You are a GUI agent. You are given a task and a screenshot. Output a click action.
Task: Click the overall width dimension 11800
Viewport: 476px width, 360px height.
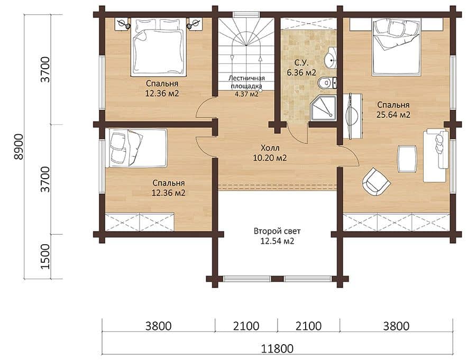click(277, 348)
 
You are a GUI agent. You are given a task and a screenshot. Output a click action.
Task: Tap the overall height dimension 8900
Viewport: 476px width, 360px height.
click(19, 146)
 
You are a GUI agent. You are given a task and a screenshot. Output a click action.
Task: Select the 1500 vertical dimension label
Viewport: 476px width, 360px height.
click(44, 256)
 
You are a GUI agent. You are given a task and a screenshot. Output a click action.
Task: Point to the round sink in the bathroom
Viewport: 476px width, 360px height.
click(330, 60)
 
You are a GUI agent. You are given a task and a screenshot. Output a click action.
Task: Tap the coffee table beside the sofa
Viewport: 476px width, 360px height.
click(407, 159)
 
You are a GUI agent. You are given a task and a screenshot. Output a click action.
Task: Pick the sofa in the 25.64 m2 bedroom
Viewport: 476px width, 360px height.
click(436, 155)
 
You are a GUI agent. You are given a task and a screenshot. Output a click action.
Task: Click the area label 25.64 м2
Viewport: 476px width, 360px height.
click(393, 115)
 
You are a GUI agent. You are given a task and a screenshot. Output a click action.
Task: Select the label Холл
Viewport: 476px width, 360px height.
click(270, 148)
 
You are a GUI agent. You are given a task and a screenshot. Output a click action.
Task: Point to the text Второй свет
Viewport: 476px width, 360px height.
click(277, 231)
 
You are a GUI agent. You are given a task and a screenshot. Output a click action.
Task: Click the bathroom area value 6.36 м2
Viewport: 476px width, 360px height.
click(301, 72)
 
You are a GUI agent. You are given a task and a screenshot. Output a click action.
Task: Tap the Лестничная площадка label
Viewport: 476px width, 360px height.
click(246, 82)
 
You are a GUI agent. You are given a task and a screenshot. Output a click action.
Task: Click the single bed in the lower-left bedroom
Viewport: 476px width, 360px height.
click(136, 148)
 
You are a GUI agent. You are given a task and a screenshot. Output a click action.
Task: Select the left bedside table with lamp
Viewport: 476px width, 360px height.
click(123, 24)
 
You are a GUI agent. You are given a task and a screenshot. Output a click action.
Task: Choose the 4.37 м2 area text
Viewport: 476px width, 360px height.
click(246, 94)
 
